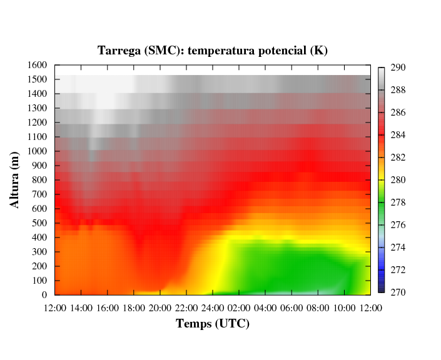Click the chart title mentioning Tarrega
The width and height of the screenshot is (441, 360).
212,51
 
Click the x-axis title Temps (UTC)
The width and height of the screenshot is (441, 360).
212,323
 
